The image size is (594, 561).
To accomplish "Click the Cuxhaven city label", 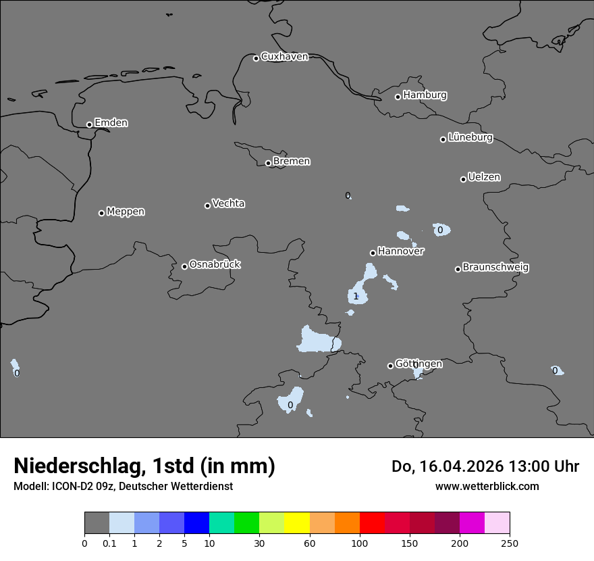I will pyautogui.click(x=284, y=57).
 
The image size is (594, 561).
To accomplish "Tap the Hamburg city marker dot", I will pyautogui.click(x=398, y=97).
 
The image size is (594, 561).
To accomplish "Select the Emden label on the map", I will pyautogui.click(x=111, y=123).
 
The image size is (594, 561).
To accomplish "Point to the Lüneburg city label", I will pyautogui.click(x=470, y=137).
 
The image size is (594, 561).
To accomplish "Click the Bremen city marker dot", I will pyautogui.click(x=268, y=163).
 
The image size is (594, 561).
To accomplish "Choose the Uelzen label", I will pyautogui.click(x=484, y=177).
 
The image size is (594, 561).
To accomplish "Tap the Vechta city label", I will pyautogui.click(x=228, y=203).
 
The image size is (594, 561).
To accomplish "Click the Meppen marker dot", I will pyautogui.click(x=101, y=213).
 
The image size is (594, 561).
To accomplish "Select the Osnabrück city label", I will pyautogui.click(x=215, y=264).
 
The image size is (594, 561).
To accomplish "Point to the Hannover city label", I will pyautogui.click(x=400, y=251).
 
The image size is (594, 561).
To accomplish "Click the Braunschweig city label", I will pyautogui.click(x=495, y=267).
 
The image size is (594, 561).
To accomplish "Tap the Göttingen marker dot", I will pyautogui.click(x=390, y=366).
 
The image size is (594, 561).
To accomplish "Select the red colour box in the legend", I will pyautogui.click(x=372, y=523).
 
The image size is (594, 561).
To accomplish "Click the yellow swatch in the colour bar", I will pyautogui.click(x=297, y=523).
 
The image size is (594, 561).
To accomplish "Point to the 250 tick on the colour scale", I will pyautogui.click(x=510, y=543).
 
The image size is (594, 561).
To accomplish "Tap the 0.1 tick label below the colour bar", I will pyautogui.click(x=109, y=543).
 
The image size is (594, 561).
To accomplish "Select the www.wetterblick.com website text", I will pyautogui.click(x=487, y=486).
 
